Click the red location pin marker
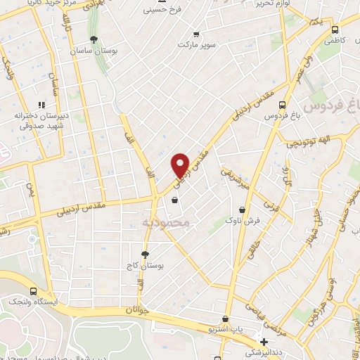click(181, 165)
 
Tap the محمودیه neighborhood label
click(167, 222)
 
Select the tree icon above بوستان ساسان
click(94, 39)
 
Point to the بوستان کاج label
click(146, 266)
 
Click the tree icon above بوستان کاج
click(145, 255)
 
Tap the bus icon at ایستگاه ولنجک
click(33, 290)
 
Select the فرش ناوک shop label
click(243, 221)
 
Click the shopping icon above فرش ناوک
click(243, 210)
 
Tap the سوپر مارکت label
click(196, 44)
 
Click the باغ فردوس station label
click(282, 116)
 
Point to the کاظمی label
click(335, 41)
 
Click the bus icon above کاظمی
click(335, 30)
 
